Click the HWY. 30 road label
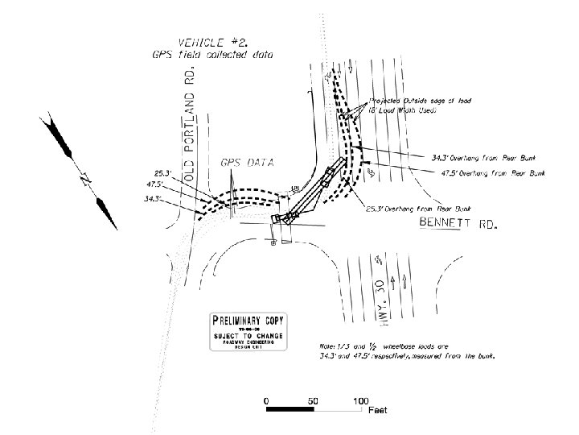click(x=381, y=300)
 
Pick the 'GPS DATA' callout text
click(x=247, y=163)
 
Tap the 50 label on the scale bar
click(x=312, y=400)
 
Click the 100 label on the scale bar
click(x=359, y=400)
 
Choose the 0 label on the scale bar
click(x=266, y=400)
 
